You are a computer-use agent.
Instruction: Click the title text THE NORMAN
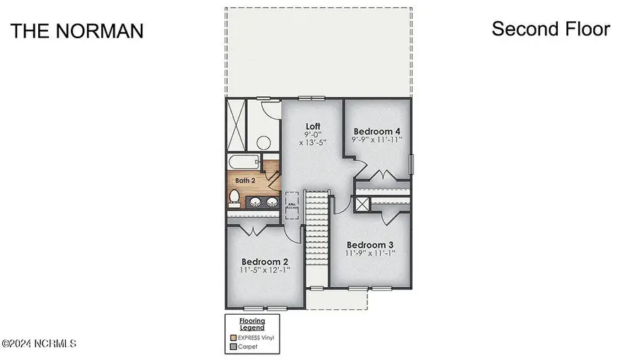pos(77,31)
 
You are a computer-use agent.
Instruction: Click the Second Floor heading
pos(551,29)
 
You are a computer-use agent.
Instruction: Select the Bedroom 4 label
pos(377,131)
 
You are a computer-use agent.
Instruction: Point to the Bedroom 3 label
pos(370,244)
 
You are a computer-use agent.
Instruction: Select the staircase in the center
pos(318,237)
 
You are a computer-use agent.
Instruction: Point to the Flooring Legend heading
pos(251,325)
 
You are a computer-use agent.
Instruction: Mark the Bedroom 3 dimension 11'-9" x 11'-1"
pos(370,253)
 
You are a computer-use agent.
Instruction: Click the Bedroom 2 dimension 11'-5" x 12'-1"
pos(265,269)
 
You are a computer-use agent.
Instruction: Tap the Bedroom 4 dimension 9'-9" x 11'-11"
pos(378,140)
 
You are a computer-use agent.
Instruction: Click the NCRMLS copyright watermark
pos(39,344)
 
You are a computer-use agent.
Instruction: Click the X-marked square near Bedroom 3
pos(362,204)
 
